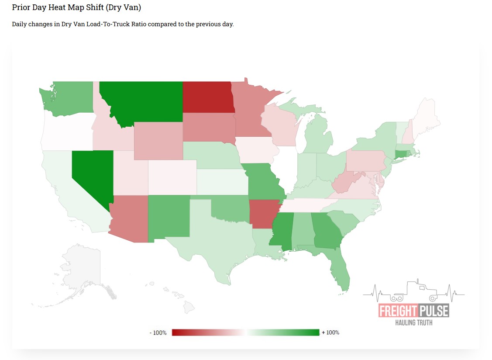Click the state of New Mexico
coord(169,216)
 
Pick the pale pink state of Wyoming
coord(158,141)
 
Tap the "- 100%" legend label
coord(158,333)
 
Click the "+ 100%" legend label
coord(330,333)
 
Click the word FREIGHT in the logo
coord(397,311)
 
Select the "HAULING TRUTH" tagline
coord(413,322)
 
